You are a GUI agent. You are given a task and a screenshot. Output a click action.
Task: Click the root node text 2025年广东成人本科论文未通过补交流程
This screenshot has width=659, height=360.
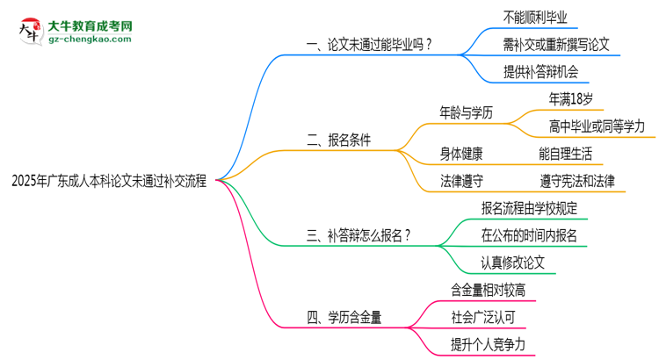tap(109, 182)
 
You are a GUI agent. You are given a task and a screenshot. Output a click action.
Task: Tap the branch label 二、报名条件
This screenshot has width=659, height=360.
tap(338, 140)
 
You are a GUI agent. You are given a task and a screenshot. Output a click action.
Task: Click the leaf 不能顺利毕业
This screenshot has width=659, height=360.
tap(534, 17)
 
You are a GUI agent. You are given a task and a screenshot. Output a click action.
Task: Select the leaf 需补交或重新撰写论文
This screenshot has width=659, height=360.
tap(556, 44)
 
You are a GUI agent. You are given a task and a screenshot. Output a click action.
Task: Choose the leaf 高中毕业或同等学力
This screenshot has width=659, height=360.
tap(596, 126)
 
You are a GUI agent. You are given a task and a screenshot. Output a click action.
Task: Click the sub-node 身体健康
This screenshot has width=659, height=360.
tap(461, 154)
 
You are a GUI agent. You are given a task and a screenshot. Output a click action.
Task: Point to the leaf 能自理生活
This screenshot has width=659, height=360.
tap(565, 154)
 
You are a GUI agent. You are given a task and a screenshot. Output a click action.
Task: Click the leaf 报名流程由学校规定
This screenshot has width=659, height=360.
tap(529, 208)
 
